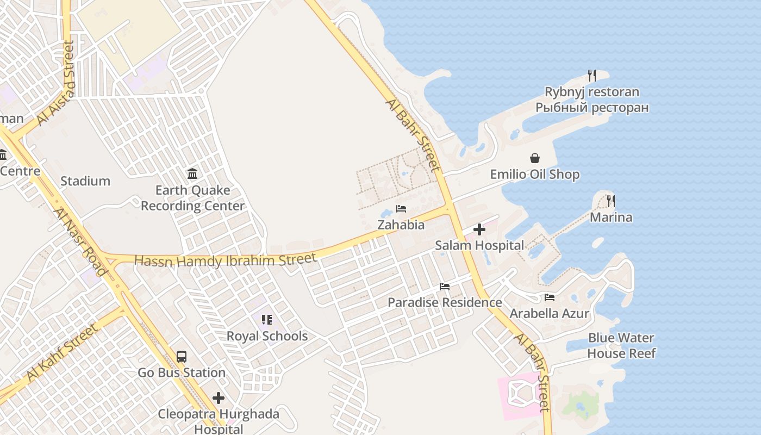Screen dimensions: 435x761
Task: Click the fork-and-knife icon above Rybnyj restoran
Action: click(592, 76)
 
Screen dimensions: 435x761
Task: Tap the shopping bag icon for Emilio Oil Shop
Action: click(535, 158)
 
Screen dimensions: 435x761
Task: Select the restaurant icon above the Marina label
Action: click(611, 201)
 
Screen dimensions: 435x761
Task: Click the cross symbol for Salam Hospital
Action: click(479, 229)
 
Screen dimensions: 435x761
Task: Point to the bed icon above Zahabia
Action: click(401, 209)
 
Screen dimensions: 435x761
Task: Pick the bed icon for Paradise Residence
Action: click(445, 287)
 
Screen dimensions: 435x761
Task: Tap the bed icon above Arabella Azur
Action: click(550, 297)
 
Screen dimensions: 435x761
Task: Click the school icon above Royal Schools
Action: click(266, 320)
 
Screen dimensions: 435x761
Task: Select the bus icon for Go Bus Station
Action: click(182, 357)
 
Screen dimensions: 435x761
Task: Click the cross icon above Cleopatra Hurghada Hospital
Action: click(219, 398)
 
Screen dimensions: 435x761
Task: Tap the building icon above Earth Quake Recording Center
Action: click(192, 174)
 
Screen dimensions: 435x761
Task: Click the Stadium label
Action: click(85, 181)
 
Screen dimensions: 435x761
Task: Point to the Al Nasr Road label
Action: click(80, 241)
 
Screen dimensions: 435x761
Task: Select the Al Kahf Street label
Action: click(63, 352)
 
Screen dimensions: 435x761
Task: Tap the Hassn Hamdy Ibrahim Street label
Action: click(225, 260)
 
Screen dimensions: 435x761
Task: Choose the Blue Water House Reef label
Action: click(621, 346)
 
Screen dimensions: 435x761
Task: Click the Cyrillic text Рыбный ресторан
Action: click(592, 107)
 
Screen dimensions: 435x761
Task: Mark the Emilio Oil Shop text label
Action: click(535, 175)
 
